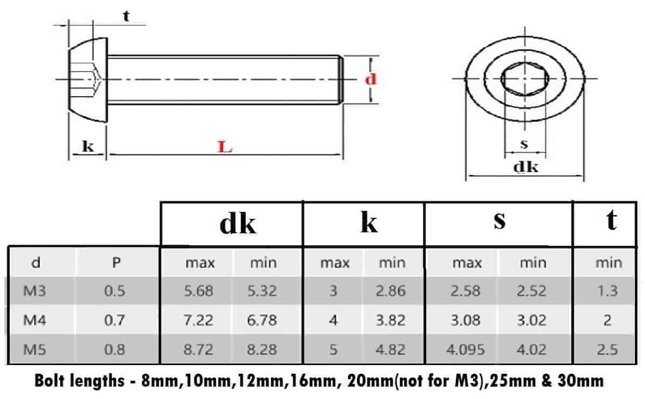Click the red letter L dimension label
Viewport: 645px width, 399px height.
click(x=225, y=147)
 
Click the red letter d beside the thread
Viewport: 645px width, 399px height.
click(x=371, y=79)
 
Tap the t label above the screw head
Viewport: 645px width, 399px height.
click(x=126, y=16)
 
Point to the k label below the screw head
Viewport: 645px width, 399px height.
click(x=88, y=146)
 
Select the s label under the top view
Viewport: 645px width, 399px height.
click(x=525, y=144)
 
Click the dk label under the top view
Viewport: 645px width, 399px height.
click(x=525, y=167)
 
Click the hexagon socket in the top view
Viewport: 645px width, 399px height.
click(x=525, y=80)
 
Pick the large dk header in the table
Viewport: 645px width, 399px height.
click(x=238, y=223)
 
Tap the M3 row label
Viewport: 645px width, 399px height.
click(x=35, y=291)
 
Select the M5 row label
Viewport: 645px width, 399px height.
click(x=35, y=349)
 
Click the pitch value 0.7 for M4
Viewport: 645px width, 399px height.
click(x=115, y=320)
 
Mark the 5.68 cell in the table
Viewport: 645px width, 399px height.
click(x=198, y=291)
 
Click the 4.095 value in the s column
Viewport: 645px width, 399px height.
click(x=465, y=349)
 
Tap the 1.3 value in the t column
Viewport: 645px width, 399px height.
click(x=607, y=291)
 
